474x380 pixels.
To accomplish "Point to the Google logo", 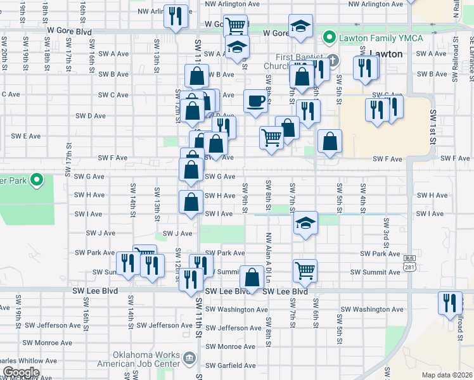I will tap(21, 372).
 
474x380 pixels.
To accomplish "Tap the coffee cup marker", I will tap(255, 101).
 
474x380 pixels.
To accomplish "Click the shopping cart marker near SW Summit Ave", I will tap(305, 270).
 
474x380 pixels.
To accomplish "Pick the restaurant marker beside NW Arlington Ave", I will tap(176, 16).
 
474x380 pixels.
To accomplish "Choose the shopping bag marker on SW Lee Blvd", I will tap(252, 277).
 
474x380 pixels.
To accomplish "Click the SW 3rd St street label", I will tap(385, 231).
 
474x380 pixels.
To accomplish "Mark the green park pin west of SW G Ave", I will tap(37, 180).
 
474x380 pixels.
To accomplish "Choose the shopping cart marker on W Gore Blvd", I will tap(235, 26).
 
